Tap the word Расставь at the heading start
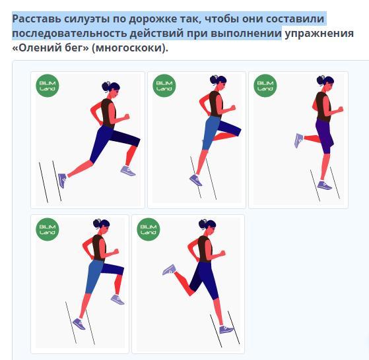click(x=36, y=19)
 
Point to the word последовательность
click(x=70, y=34)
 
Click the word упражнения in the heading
click(x=319, y=34)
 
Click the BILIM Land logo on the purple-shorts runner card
click(x=265, y=86)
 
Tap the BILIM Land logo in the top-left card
click(x=48, y=86)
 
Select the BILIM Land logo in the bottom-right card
click(x=149, y=229)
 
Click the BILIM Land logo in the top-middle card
click(x=164, y=86)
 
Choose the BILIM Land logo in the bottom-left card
click(x=48, y=229)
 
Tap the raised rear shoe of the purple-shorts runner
click(x=299, y=140)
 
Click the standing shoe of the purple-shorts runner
click(x=324, y=185)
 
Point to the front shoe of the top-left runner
click(x=128, y=171)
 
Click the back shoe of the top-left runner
click(x=62, y=180)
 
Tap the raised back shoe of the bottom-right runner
click(x=169, y=270)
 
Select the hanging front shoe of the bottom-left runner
click(x=117, y=299)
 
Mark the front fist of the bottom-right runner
click(x=222, y=253)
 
